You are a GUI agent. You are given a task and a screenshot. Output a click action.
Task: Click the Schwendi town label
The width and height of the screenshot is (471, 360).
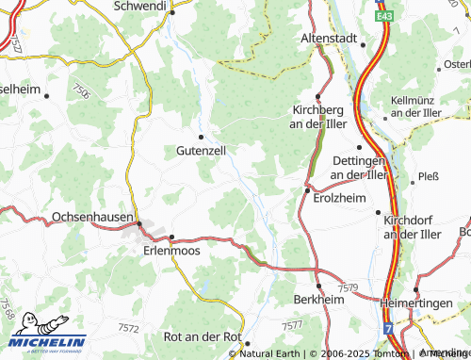coord(138,6)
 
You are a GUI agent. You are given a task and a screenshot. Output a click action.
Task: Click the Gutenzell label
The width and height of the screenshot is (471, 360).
coord(200,150)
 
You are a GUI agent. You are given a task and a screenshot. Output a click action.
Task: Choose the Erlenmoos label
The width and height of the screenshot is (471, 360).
coord(171,251)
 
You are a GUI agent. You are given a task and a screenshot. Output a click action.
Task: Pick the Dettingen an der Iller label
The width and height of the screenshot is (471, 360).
coord(359,168)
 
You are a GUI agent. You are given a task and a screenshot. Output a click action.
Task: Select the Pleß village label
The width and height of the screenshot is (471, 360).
coord(429,175)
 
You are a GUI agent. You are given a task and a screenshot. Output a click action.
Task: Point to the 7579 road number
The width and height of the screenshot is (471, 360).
coord(348,287)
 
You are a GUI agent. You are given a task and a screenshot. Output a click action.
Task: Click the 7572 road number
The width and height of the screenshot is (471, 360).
coord(129,327)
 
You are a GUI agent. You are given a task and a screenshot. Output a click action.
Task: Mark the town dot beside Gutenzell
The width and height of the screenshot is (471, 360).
coord(200,137)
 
